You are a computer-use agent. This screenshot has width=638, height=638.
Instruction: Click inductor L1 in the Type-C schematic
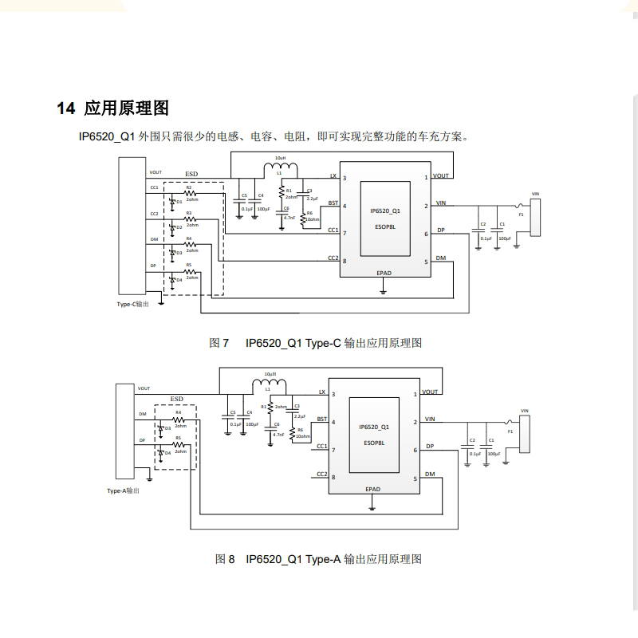click(x=280, y=168)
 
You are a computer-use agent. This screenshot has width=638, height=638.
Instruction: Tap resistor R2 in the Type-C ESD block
click(x=190, y=192)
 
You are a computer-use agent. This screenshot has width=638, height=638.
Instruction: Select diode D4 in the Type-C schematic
click(x=172, y=279)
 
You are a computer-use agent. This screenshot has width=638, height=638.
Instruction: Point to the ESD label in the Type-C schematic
click(x=191, y=173)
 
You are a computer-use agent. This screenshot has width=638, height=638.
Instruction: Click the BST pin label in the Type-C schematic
click(x=333, y=204)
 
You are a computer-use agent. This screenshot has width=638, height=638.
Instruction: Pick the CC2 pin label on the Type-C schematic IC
click(x=333, y=258)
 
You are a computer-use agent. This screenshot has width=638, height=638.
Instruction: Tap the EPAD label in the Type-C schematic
click(x=384, y=273)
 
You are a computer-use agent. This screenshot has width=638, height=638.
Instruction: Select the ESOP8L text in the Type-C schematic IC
click(x=384, y=225)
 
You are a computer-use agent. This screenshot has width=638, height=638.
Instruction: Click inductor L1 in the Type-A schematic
click(x=268, y=385)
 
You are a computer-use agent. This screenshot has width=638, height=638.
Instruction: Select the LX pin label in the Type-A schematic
click(x=321, y=392)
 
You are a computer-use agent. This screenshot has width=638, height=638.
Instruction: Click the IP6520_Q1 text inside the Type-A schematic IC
click(x=374, y=427)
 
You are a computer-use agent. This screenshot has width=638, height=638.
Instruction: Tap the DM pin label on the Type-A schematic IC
click(x=430, y=475)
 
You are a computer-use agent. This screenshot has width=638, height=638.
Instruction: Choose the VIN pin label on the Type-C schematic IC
click(x=441, y=203)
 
